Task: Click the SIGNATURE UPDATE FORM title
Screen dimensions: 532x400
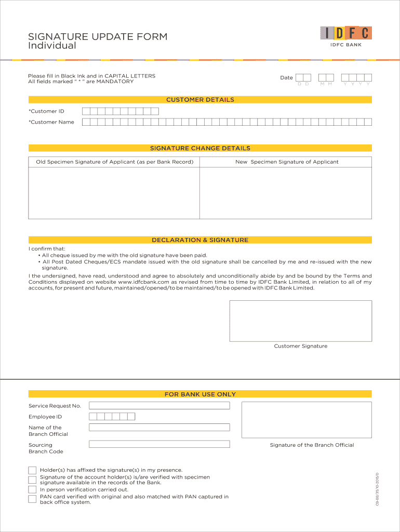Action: pos(98,36)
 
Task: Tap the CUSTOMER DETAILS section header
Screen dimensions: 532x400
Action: pos(200,100)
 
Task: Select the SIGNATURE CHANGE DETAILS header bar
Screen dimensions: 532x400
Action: pos(200,148)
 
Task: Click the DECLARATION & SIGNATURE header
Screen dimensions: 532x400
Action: pos(200,240)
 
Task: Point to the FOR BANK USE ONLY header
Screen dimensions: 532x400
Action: pos(200,394)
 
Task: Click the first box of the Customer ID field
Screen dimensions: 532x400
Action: pos(86,111)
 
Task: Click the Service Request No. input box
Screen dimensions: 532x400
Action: pos(159,405)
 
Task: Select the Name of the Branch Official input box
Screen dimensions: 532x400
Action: pos(159,427)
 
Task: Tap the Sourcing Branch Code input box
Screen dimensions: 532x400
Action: pos(159,444)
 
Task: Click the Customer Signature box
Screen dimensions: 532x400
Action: pos(300,321)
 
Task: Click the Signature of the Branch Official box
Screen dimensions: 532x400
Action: pos(306,420)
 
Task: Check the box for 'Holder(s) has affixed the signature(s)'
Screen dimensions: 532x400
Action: pos(32,470)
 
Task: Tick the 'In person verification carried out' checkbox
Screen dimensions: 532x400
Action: pos(32,489)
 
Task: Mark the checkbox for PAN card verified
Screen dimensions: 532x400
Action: pos(32,499)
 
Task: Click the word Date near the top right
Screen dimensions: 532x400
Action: pos(286,78)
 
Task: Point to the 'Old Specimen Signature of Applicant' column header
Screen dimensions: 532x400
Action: pos(114,162)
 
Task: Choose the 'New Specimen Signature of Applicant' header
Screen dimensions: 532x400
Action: pos(287,162)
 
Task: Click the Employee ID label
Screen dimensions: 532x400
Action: pos(45,417)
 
